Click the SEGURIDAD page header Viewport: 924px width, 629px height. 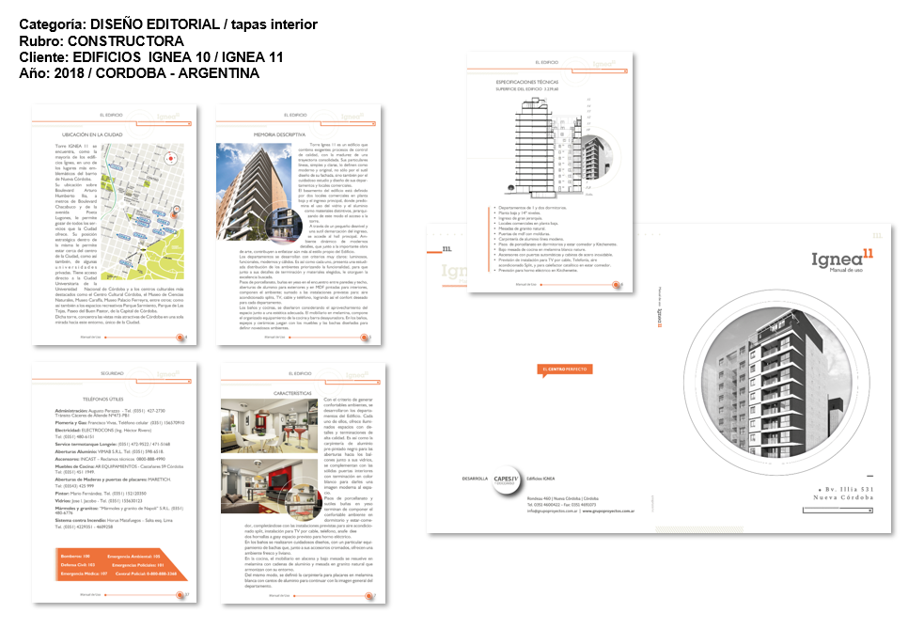[x=111, y=373]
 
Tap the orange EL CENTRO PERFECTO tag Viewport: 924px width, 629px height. [x=564, y=369]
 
